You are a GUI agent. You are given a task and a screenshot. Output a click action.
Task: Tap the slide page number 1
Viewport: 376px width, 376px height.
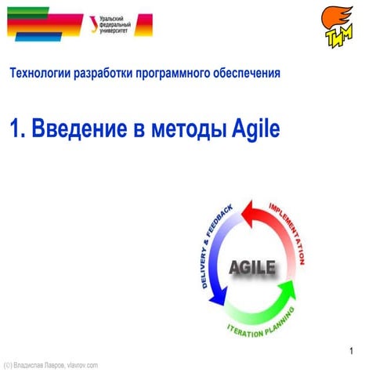tap(352, 349)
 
